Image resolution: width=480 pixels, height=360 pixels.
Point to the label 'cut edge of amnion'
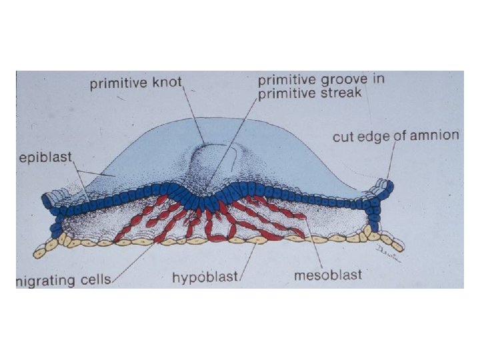(395, 137)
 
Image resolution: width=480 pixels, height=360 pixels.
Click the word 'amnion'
(435, 136)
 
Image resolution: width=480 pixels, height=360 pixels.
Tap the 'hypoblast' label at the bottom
(205, 277)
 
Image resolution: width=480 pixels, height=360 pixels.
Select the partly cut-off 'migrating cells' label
(64, 279)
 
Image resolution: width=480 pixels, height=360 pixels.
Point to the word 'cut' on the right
(344, 137)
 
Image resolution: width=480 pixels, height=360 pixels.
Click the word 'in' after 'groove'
(378, 79)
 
